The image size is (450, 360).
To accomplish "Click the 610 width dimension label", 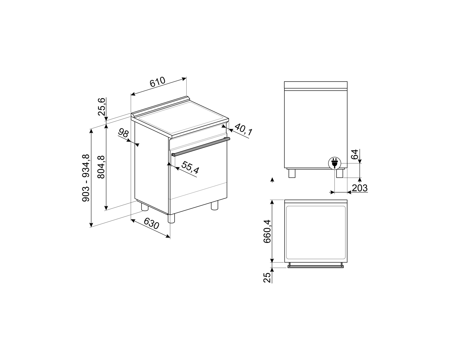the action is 157,82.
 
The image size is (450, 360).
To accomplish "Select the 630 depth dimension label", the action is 151,223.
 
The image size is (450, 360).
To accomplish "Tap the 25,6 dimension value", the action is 102,107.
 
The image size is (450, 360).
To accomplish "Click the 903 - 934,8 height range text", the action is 86,178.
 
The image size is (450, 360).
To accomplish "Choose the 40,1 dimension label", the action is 244,129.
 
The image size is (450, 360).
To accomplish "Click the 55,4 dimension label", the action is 190,168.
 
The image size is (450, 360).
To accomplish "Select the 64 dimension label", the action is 355,154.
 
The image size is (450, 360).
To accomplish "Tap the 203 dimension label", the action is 360,188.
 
